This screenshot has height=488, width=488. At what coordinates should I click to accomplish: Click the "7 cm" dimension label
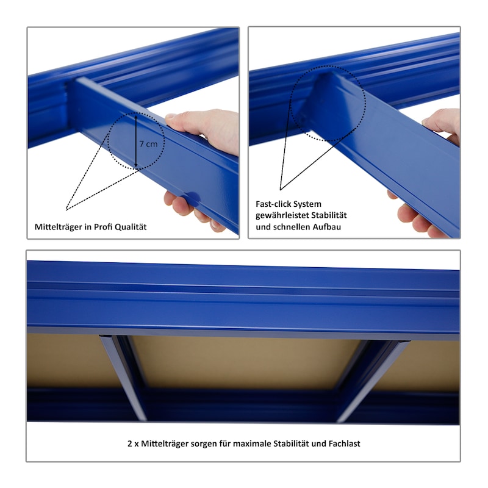148,144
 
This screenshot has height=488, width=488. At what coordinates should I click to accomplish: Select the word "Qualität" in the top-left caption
131,227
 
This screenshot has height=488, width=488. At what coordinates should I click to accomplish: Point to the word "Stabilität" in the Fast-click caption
329,215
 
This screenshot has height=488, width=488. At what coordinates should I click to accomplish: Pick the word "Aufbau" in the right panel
327,227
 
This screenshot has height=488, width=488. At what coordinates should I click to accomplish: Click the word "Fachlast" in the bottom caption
344,443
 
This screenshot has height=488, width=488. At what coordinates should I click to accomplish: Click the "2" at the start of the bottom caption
130,443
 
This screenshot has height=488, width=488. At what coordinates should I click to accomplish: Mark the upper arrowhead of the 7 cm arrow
136,117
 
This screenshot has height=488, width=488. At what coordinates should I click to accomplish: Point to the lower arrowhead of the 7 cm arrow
136,166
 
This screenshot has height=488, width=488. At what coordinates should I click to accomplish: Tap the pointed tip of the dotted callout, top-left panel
66,210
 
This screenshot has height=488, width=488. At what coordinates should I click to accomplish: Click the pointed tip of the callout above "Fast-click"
280,190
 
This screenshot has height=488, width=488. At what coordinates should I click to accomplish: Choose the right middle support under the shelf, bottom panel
372,379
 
